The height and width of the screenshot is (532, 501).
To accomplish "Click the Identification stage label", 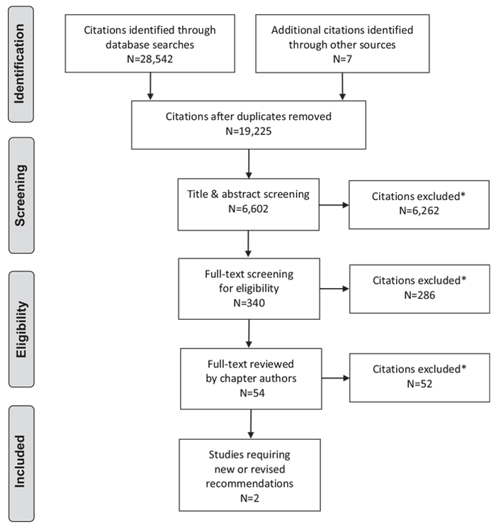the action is [19, 64].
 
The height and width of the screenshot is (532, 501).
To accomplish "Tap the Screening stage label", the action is [21, 196].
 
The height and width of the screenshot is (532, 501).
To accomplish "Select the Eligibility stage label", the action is [21, 328].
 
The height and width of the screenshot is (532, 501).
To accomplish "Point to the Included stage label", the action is [20, 462].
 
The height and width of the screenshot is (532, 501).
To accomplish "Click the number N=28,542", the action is [150, 59].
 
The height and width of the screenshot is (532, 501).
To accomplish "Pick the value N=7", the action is [342, 59].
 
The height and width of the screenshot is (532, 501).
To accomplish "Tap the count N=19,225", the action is [249, 131].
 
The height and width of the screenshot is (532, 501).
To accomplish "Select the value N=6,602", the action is [248, 209].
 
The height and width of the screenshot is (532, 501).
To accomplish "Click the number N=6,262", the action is [419, 211].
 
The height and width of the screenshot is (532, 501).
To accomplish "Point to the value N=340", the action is [249, 303].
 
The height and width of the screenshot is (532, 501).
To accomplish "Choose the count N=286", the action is [420, 295].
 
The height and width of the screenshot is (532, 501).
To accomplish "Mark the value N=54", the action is [252, 393].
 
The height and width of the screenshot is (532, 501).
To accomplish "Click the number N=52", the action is [420, 384].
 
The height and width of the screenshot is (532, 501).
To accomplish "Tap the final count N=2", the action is [250, 498].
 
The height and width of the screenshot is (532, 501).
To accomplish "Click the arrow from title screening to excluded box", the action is [334, 205].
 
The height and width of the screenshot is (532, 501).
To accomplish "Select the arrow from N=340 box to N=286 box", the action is [334, 289].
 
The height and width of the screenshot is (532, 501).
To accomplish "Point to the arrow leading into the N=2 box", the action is [251, 424].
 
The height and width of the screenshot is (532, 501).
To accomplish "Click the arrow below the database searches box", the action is [150, 87].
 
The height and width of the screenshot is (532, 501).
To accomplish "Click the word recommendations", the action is [249, 484].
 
